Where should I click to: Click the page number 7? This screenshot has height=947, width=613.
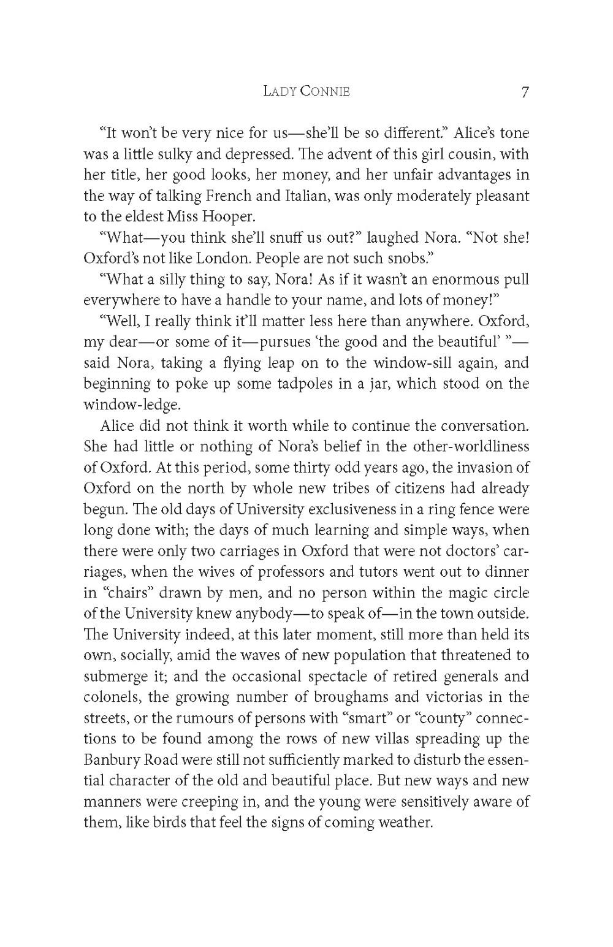pyautogui.click(x=525, y=93)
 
